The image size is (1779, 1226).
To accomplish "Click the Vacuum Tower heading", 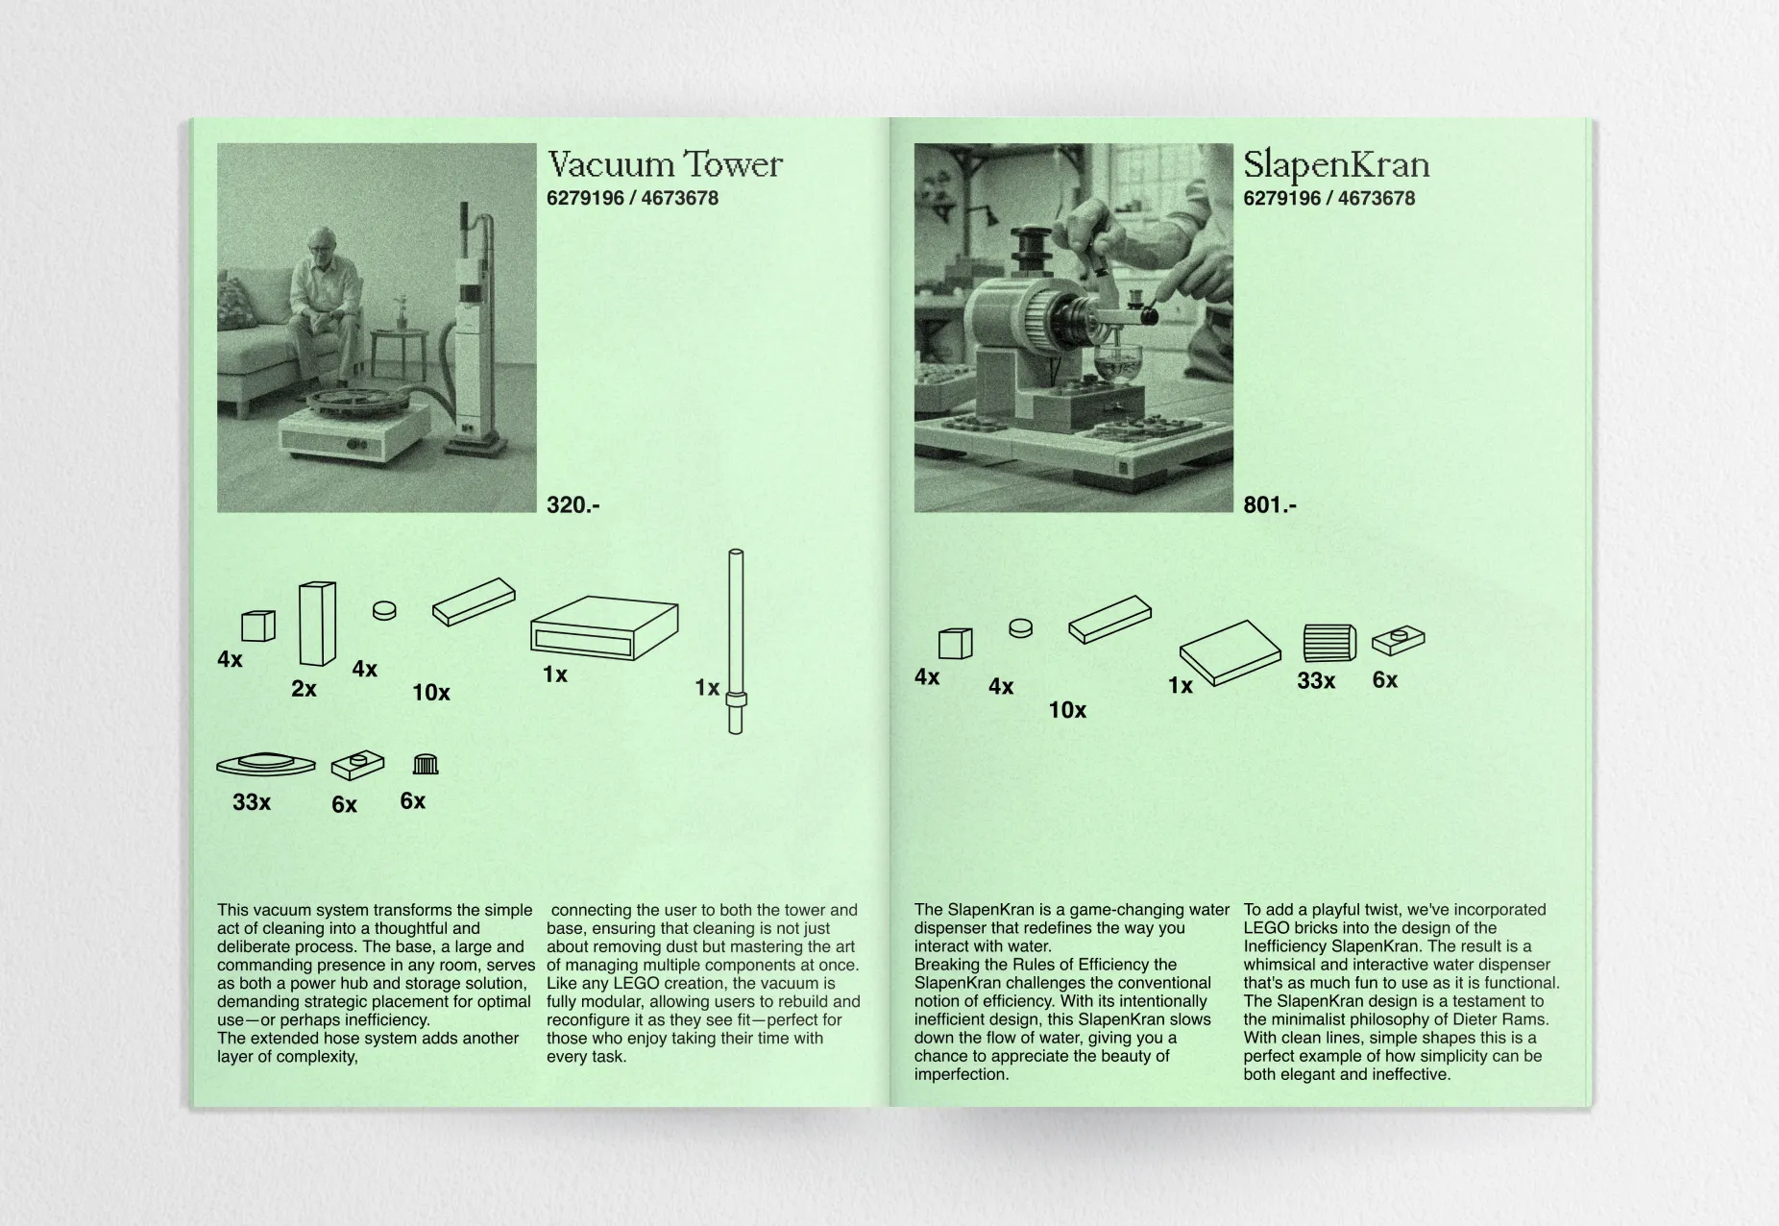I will click(x=665, y=165).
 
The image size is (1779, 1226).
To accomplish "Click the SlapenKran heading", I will click(x=1335, y=165).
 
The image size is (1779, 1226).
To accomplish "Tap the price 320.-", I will click(x=573, y=505).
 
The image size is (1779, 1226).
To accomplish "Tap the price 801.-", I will click(x=1269, y=505).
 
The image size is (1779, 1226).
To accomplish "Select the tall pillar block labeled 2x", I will click(x=317, y=623).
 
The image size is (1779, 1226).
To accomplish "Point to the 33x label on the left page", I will click(x=252, y=802).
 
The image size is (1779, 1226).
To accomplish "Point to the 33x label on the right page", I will click(x=1315, y=681).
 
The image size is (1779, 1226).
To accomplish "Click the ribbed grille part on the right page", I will click(x=1329, y=643).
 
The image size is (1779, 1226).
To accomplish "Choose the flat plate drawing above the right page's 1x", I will click(x=1230, y=652).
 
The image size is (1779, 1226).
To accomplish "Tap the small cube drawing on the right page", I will click(x=955, y=644).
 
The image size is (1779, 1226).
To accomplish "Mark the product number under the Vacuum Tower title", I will click(x=632, y=199).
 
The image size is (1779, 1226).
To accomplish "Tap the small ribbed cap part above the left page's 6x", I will click(x=426, y=765).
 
